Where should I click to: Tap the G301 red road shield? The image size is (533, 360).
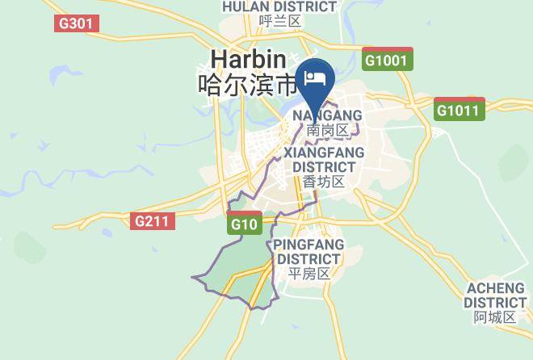pos(77,23)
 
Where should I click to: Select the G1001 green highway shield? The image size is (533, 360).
pos(388,60)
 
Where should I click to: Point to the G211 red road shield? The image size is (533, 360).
pos(153,220)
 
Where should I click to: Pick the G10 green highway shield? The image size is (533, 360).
pos(245,224)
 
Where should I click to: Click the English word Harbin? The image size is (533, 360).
pos(248,59)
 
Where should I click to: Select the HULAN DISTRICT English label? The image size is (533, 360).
pos(279,6)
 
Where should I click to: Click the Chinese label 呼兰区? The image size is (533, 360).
pos(280,21)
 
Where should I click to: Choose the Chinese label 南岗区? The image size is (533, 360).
pos(327,131)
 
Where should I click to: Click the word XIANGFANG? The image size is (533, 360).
pos(324,153)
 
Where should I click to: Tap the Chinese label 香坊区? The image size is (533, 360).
pos(324,182)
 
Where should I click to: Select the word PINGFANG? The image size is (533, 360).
pos(308,245)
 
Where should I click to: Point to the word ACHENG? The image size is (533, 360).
pos(495,288)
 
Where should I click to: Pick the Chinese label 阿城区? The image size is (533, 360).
pos(495,317)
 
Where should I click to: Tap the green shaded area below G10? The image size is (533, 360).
pos(238,270)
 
